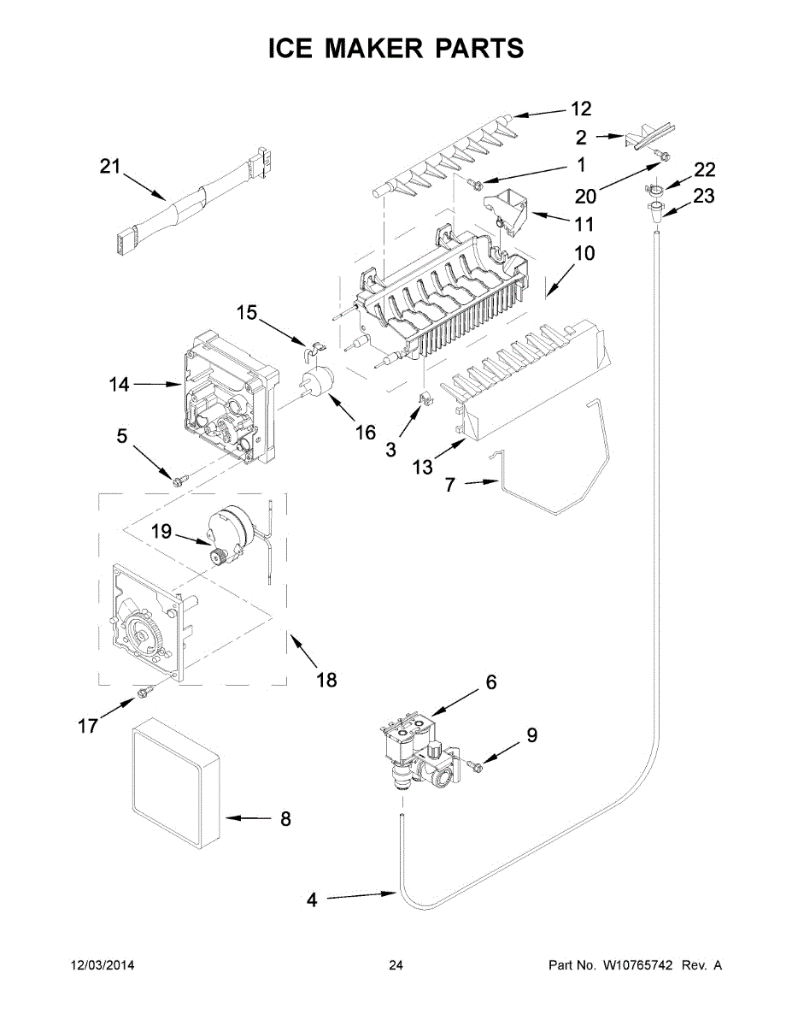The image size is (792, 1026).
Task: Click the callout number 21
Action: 110,166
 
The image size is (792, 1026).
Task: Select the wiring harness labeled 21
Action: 187,206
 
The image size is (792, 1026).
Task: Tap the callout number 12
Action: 581,109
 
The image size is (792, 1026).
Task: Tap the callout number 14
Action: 120,385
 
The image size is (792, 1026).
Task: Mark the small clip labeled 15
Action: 314,347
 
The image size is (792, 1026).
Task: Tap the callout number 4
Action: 312,899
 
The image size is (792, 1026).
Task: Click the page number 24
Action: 396,965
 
